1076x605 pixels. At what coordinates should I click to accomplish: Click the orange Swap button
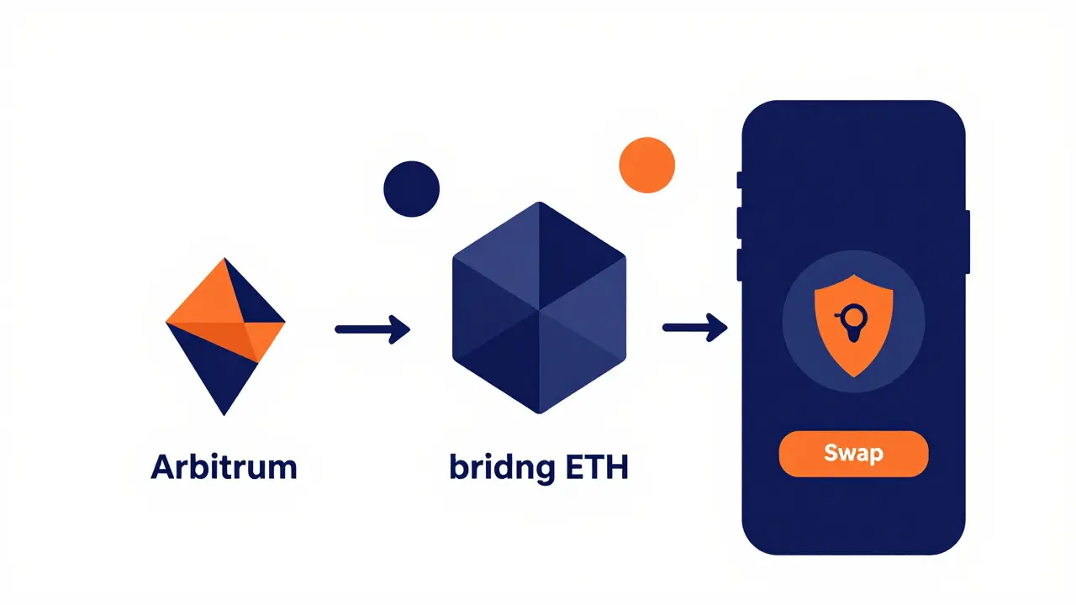coord(853,454)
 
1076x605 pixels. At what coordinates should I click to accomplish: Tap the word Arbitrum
coord(224,466)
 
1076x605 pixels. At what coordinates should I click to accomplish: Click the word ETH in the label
coord(597,466)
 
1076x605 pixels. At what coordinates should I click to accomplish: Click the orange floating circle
coord(647,166)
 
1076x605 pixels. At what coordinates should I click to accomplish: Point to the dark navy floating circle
coord(412,189)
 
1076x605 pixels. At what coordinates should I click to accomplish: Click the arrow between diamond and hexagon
coord(372,329)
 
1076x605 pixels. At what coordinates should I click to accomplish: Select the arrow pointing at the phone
coord(695,328)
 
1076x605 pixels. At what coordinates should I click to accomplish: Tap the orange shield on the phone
coord(853,325)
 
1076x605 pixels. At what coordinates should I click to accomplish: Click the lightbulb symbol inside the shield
coord(853,322)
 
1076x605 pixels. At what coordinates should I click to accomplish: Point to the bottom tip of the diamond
coord(224,415)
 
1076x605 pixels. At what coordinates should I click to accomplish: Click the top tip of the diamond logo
coord(224,259)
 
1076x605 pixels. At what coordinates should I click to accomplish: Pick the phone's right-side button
coord(967,241)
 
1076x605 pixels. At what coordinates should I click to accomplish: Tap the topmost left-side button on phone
coord(740,180)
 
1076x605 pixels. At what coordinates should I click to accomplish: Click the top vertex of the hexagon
coord(539,203)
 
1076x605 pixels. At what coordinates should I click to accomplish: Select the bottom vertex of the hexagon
coord(539,413)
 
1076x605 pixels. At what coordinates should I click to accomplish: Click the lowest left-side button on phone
coord(740,265)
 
